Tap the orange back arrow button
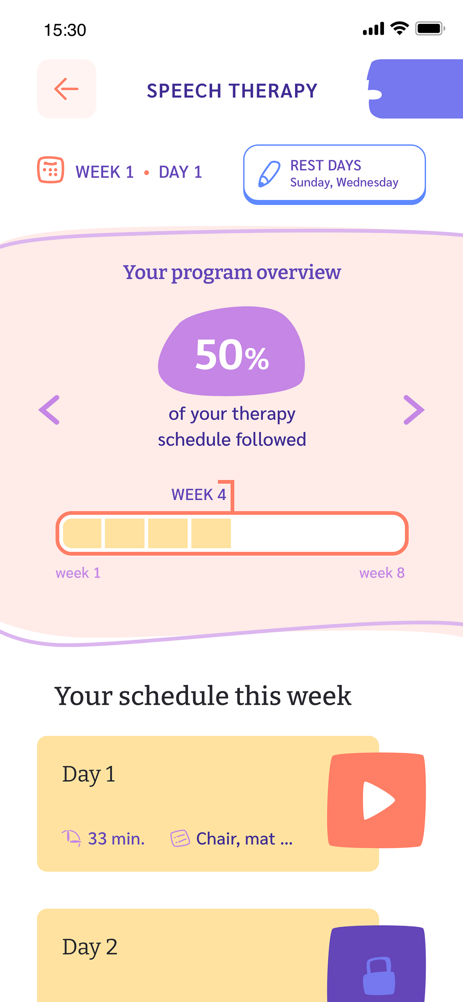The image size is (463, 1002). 66,89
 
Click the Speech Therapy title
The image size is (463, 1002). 232,91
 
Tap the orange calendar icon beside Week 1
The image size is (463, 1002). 51,170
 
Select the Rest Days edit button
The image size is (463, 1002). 335,174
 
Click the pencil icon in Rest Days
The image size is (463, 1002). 269,173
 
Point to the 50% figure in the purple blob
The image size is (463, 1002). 232,355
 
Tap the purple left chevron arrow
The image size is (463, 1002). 49,410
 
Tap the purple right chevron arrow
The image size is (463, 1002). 414,410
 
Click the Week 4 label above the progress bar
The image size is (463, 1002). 198,494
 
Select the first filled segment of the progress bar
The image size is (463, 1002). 82,533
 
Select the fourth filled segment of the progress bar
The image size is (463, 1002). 211,533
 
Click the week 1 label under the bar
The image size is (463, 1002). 78,573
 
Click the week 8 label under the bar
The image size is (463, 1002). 382,573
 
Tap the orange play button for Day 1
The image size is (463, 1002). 377,800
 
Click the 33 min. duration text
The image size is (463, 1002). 116,839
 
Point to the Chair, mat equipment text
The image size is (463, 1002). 244,839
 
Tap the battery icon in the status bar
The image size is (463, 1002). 430,28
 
